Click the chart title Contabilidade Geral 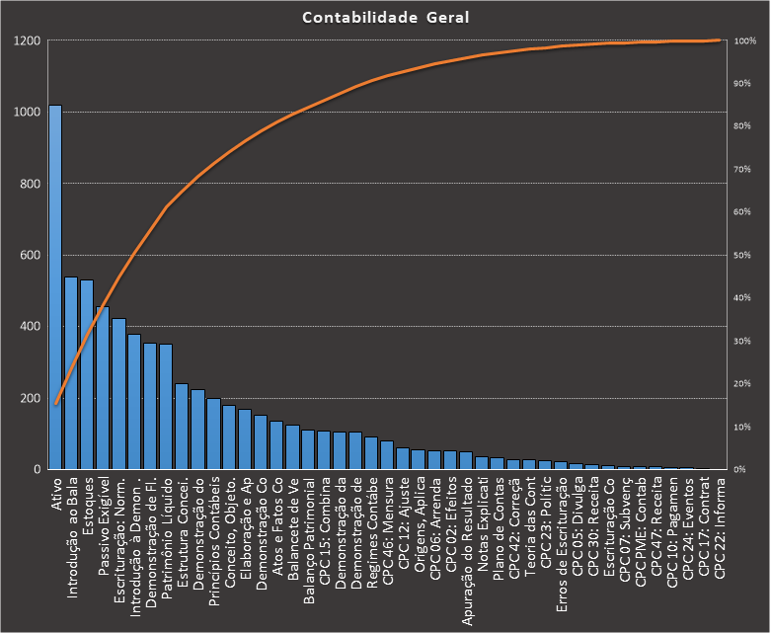pyautogui.click(x=385, y=18)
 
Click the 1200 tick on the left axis pyautogui.click(x=27, y=41)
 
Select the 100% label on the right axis pyautogui.click(x=745, y=41)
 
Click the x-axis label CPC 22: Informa pyautogui.click(x=719, y=519)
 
